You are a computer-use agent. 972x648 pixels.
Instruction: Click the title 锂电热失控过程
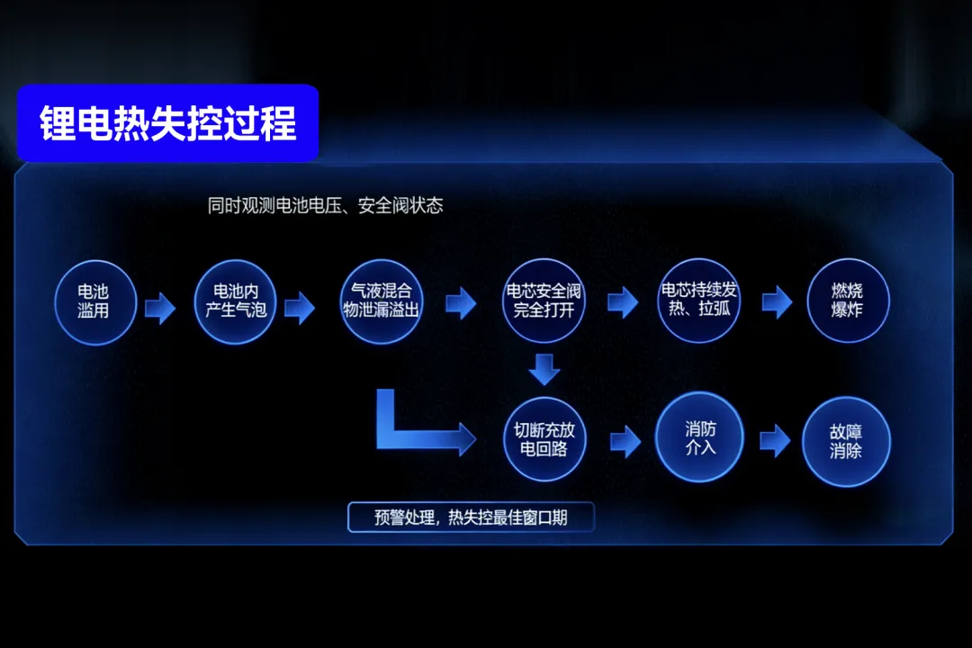[167, 122]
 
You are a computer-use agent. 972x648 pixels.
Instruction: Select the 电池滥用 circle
[94, 302]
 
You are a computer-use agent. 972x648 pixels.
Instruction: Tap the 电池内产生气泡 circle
[235, 301]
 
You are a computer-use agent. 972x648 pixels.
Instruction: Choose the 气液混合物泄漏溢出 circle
[382, 301]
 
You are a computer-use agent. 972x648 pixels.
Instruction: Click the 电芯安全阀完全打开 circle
[544, 301]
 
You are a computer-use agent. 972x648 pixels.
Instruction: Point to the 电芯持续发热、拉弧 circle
[698, 300]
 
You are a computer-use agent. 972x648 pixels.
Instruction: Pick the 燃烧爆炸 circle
[848, 300]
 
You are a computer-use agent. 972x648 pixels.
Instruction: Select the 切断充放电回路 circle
[544, 439]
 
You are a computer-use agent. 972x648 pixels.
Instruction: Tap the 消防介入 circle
[699, 437]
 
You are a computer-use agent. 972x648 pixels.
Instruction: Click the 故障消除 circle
[846, 442]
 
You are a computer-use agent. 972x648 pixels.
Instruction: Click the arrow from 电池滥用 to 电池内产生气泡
[160, 308]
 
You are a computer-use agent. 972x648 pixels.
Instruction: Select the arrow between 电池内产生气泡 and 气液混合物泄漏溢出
[300, 308]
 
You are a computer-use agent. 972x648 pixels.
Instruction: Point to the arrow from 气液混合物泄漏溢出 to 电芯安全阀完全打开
[461, 303]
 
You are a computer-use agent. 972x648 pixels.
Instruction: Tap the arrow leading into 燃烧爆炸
[777, 302]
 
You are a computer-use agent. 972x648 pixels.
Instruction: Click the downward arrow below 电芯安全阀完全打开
[544, 370]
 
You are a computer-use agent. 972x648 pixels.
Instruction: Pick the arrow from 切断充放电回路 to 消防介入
[625, 442]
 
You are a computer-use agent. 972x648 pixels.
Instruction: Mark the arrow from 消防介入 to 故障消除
[775, 441]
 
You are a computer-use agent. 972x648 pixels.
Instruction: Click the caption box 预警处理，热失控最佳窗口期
[471, 517]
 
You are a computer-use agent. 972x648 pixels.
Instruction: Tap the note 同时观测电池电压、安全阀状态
[326, 205]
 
